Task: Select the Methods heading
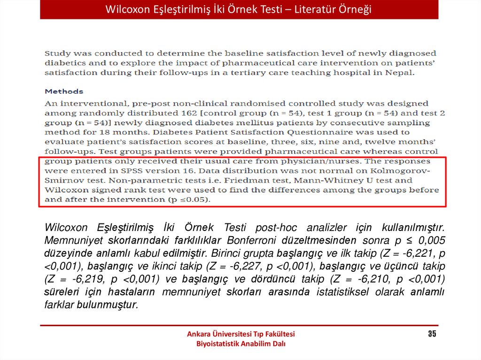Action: [x=64, y=92]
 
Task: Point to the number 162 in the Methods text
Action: [x=186, y=113]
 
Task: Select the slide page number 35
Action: [x=432, y=334]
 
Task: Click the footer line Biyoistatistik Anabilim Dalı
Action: [x=240, y=344]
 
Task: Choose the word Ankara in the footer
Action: [x=199, y=334]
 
